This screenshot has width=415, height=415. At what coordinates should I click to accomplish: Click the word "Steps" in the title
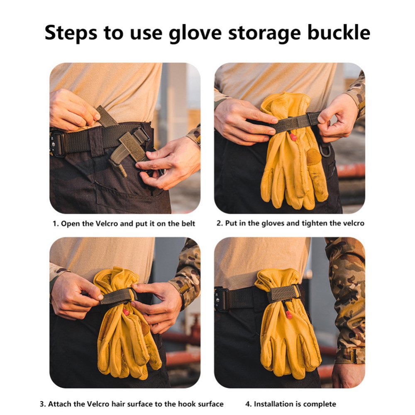coord(71,33)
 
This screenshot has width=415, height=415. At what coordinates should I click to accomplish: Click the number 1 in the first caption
coord(54,224)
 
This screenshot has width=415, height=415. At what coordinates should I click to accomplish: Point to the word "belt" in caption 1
coord(188,224)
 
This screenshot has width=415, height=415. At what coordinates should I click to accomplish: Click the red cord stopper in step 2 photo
coord(293,137)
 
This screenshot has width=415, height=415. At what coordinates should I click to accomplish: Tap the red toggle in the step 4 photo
coord(288,315)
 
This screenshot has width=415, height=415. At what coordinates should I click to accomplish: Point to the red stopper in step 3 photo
coord(126,312)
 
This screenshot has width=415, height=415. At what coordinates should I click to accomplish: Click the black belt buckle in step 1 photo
coord(56,144)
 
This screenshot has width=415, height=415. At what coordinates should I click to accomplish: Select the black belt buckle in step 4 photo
coord(221,299)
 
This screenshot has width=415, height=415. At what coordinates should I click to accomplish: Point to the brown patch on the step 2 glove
coord(314,156)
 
